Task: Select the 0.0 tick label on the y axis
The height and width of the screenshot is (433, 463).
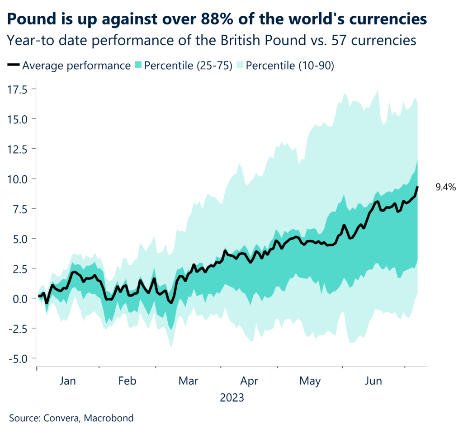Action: click(21, 298)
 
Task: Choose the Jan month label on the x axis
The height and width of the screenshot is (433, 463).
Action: click(67, 381)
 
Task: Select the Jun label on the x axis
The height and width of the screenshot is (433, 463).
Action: click(373, 381)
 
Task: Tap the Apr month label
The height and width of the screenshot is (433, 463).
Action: click(249, 381)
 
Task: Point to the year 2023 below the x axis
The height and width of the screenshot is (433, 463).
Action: click(232, 398)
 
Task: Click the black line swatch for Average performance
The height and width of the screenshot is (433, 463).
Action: click(14, 66)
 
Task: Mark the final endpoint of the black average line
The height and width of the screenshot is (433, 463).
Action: click(417, 187)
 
